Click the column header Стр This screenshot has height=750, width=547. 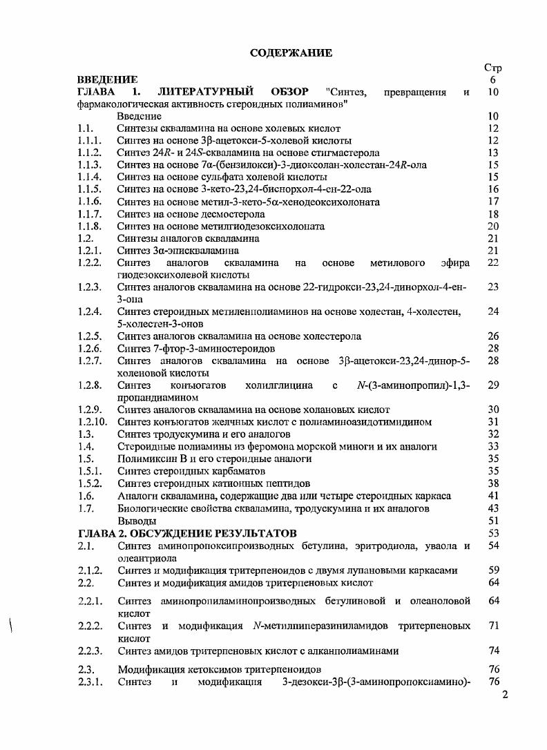pyautogui.click(x=492, y=68)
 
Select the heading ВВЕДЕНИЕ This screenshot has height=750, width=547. pyautogui.click(x=107, y=80)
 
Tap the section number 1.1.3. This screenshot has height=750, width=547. pyautogui.click(x=90, y=164)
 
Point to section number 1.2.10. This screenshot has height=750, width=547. pyautogui.click(x=93, y=421)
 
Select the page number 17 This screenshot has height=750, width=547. pyautogui.click(x=492, y=202)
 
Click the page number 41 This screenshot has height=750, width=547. pyautogui.click(x=492, y=496)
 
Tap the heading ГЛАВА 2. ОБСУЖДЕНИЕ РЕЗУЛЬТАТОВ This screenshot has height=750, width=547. pyautogui.click(x=188, y=533)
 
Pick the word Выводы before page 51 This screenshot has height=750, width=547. pyautogui.click(x=136, y=521)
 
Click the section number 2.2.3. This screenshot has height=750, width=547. pyautogui.click(x=90, y=651)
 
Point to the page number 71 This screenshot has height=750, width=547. pyautogui.click(x=493, y=626)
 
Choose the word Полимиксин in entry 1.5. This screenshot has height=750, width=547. pyautogui.click(x=147, y=459)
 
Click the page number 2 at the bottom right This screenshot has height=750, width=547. pyautogui.click(x=505, y=695)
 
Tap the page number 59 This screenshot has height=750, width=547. pyautogui.click(x=493, y=570)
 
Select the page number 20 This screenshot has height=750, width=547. pyautogui.click(x=492, y=227)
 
